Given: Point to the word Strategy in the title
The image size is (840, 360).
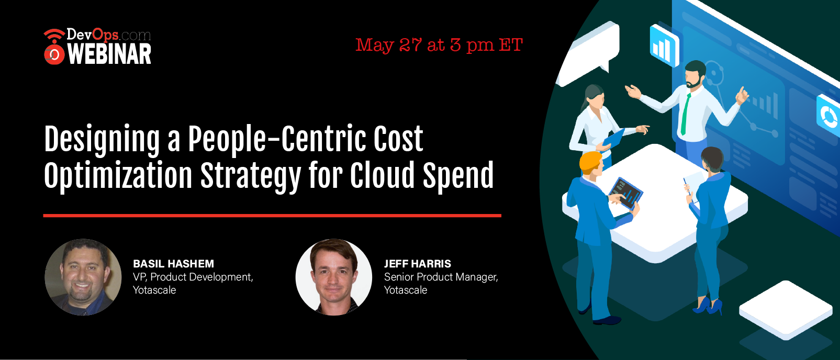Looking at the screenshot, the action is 251,176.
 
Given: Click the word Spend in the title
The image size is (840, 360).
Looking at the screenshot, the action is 458,175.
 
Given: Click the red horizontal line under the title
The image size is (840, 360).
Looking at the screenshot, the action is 272,216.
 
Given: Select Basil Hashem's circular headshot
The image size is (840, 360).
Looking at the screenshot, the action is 83,277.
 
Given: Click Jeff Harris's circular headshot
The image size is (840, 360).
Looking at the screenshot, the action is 334,277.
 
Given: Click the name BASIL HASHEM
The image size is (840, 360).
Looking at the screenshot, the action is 173,264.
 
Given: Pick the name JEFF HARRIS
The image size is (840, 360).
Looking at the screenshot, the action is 417,264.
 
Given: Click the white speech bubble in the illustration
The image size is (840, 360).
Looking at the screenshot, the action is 588,52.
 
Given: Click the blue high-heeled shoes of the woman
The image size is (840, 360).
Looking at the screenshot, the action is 708,305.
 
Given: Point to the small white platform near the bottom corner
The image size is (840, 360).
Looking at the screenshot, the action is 785,310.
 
